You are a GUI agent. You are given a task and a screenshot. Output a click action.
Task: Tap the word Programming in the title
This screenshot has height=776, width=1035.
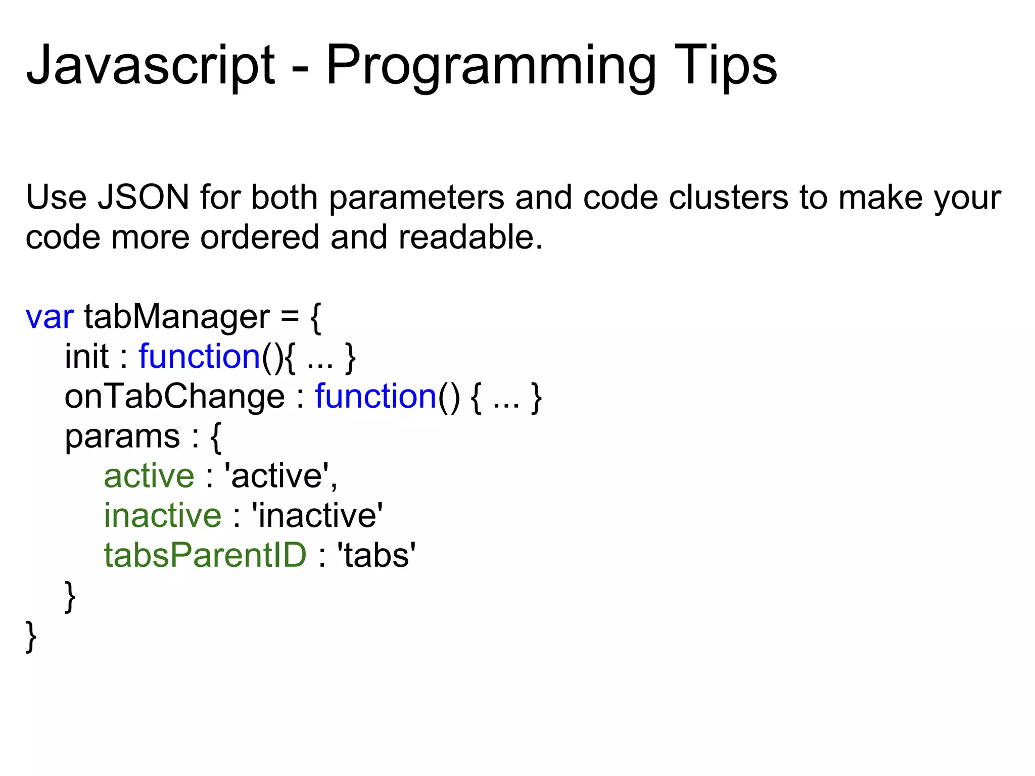click(x=490, y=66)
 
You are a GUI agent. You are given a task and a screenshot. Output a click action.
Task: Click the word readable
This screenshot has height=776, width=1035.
click(x=470, y=237)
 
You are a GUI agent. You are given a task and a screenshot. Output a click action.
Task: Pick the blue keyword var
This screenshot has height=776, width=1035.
click(x=50, y=317)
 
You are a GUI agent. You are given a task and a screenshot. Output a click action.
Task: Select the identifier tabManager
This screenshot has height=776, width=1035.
click(x=176, y=317)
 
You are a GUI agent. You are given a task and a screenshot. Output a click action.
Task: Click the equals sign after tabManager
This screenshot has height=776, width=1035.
click(x=290, y=317)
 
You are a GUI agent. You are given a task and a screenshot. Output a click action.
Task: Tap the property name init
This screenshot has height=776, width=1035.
click(x=86, y=357)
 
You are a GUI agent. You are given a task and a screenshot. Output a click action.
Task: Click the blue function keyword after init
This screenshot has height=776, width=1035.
click(x=199, y=357)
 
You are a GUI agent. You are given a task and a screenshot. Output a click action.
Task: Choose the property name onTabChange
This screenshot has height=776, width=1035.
click(x=174, y=397)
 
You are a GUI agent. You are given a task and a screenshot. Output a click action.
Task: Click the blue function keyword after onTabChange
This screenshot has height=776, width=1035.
click(x=375, y=397)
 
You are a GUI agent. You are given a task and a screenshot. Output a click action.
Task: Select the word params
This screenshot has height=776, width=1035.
click(x=122, y=437)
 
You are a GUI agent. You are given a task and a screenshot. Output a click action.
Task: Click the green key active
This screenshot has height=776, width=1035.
click(x=149, y=476)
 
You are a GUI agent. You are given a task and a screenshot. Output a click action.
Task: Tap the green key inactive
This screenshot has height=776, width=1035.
click(x=163, y=516)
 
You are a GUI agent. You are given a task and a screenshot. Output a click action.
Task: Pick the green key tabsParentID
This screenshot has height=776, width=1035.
click(x=205, y=556)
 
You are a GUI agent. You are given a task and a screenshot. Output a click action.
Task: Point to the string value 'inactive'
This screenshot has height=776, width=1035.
click(x=317, y=516)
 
